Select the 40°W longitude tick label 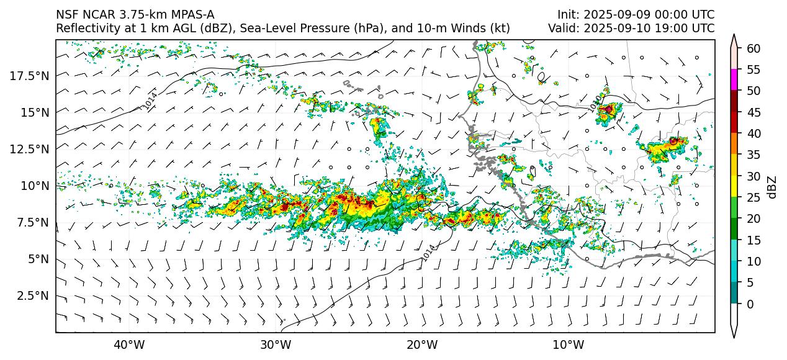coord(129,344)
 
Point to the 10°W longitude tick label coord(568,344)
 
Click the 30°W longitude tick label coord(276,344)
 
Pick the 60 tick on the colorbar coord(753,48)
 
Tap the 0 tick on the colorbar coord(750,304)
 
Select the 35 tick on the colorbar coord(753,155)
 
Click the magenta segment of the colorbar coord(735,80)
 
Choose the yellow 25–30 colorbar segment coord(735,186)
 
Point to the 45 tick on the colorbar coord(753,112)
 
